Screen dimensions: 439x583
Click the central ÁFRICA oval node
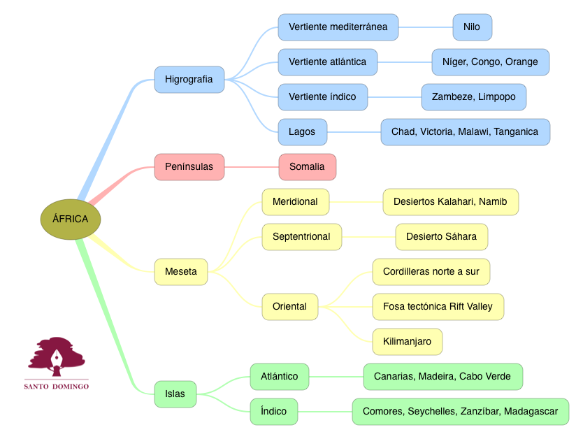coord(71,219)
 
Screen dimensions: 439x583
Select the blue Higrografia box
coord(189,79)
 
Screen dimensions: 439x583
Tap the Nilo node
coord(472,27)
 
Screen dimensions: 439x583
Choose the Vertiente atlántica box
coord(327,62)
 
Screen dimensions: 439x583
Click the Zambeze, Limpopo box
coord(473,96)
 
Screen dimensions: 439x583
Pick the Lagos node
coord(302,131)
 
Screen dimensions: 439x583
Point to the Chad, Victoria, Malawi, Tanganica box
coord(465,131)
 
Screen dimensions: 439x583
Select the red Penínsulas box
coord(189,166)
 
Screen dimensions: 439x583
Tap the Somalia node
coord(307,166)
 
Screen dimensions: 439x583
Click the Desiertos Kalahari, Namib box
coord(450,201)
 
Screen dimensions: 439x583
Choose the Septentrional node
coord(301,236)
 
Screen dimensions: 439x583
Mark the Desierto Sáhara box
coord(441,236)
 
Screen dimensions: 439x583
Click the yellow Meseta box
coord(181,271)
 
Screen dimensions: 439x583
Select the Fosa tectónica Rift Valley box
coord(438,306)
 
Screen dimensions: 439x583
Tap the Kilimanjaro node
coord(407,341)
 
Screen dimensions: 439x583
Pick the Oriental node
coord(289,306)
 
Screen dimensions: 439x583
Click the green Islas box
coord(175,394)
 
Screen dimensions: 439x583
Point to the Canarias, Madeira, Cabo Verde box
coord(442,376)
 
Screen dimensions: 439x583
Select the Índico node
coord(273,411)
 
